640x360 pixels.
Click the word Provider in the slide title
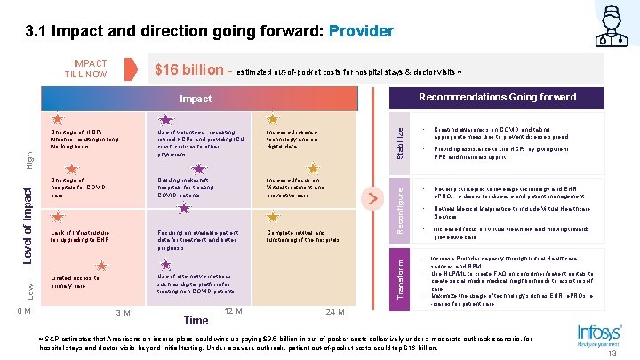pos(360,31)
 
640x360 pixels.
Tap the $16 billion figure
pos(190,70)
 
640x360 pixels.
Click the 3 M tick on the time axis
pos(124,313)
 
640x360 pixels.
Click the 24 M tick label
pos(336,312)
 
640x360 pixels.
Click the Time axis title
pos(195,320)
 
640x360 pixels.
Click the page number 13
pos(613,353)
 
